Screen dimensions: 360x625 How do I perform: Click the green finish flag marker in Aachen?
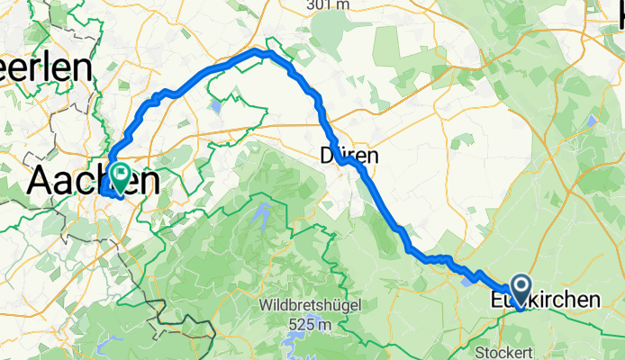[x=118, y=172]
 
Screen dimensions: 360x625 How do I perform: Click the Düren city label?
[x=349, y=156]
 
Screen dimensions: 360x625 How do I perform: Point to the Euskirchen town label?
[x=544, y=300]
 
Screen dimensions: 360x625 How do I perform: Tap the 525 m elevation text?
[x=313, y=323]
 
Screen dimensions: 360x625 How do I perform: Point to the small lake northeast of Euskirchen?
[x=591, y=119]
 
